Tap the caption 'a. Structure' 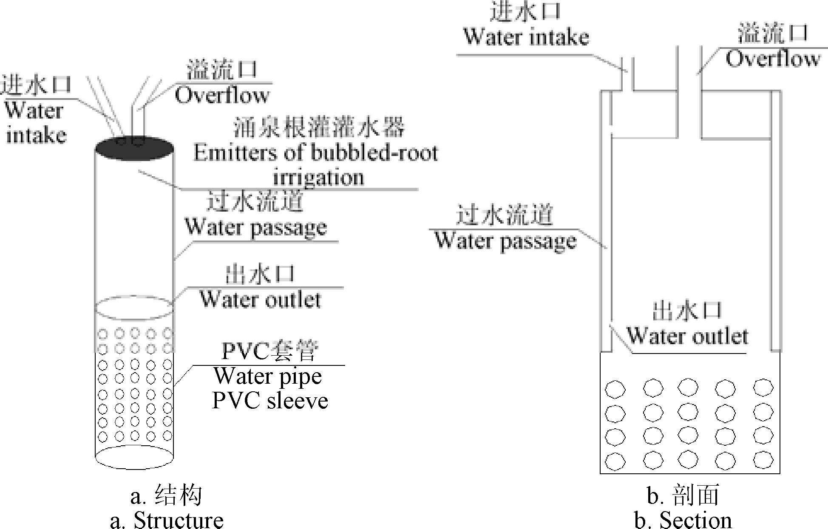167,520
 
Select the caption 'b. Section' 683,520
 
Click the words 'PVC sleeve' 270,401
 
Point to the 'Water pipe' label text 268,376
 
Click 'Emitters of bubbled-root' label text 315,153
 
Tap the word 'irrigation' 318,177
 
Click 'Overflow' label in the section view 772,59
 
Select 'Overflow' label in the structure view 222,95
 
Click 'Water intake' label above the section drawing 526,37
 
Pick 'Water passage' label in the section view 505,241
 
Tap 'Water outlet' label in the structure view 260,300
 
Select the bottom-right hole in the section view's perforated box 763,460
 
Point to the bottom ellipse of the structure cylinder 134,457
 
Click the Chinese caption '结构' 179,495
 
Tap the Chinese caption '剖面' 695,495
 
